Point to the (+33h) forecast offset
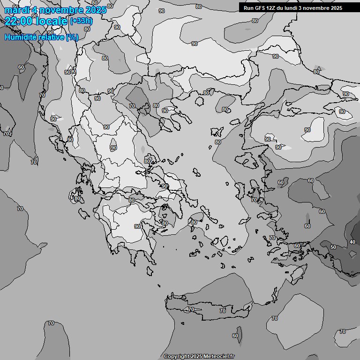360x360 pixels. (81, 21)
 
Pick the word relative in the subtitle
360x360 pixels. (51, 37)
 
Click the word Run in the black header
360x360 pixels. (248, 8)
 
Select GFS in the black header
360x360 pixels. (260, 8)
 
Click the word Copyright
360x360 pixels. (176, 357)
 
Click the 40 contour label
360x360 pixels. (352, 242)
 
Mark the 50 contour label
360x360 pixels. (333, 247)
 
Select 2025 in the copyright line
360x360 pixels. (196, 357)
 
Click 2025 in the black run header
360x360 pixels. (336, 8)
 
